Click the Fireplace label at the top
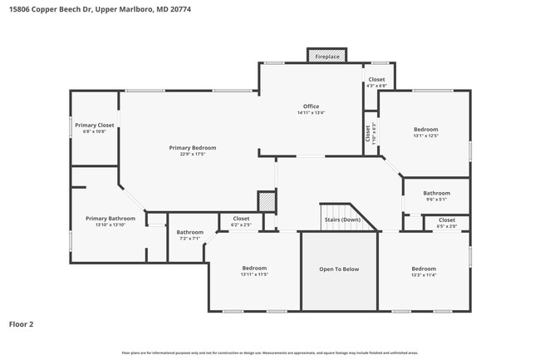[x=326, y=57]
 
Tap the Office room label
[x=311, y=106]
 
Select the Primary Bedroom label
[x=186, y=147]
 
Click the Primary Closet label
[x=94, y=125]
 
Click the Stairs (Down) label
[x=341, y=219]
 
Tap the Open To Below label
[x=339, y=269]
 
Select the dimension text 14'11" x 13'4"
[x=311, y=113]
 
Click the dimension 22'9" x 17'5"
[x=186, y=154]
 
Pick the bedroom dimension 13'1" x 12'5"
[x=425, y=136]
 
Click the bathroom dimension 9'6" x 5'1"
[x=436, y=200]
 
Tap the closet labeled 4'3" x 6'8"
[x=376, y=86]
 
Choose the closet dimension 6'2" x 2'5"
[x=240, y=224]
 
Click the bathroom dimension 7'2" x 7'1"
[x=189, y=239]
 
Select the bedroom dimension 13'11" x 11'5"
[x=254, y=274]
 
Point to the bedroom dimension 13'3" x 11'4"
[x=423, y=274]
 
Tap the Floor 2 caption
[x=21, y=324]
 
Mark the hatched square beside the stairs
[x=266, y=202]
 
